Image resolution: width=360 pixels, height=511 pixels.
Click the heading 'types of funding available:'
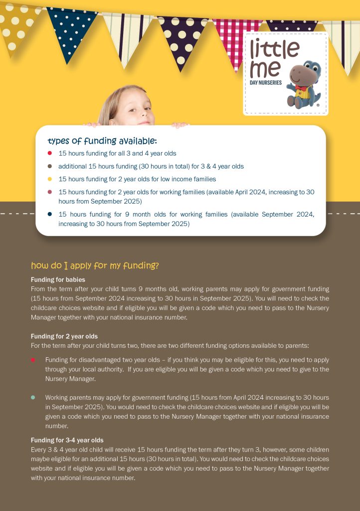[102, 141]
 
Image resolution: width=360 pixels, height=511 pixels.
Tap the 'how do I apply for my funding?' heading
[95, 265]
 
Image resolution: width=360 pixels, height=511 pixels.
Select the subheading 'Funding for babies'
[58, 280]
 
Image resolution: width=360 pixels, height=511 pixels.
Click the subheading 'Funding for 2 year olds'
[64, 336]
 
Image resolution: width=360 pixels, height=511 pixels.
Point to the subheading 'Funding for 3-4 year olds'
[67, 440]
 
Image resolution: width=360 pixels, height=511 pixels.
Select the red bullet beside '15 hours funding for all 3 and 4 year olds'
[50, 153]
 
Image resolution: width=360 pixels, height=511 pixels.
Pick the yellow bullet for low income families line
[50, 179]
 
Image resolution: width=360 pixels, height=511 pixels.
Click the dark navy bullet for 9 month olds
[50, 214]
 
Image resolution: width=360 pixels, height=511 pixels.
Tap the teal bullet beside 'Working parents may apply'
[33, 397]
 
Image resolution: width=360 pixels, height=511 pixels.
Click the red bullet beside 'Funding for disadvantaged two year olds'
[33, 360]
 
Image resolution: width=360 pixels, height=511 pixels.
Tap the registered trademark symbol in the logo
[318, 105]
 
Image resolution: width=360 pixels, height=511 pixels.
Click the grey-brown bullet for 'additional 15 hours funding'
[50, 166]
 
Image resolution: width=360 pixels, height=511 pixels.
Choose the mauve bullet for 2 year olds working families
[50, 192]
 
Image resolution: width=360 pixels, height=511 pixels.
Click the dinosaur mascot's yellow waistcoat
[300, 94]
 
